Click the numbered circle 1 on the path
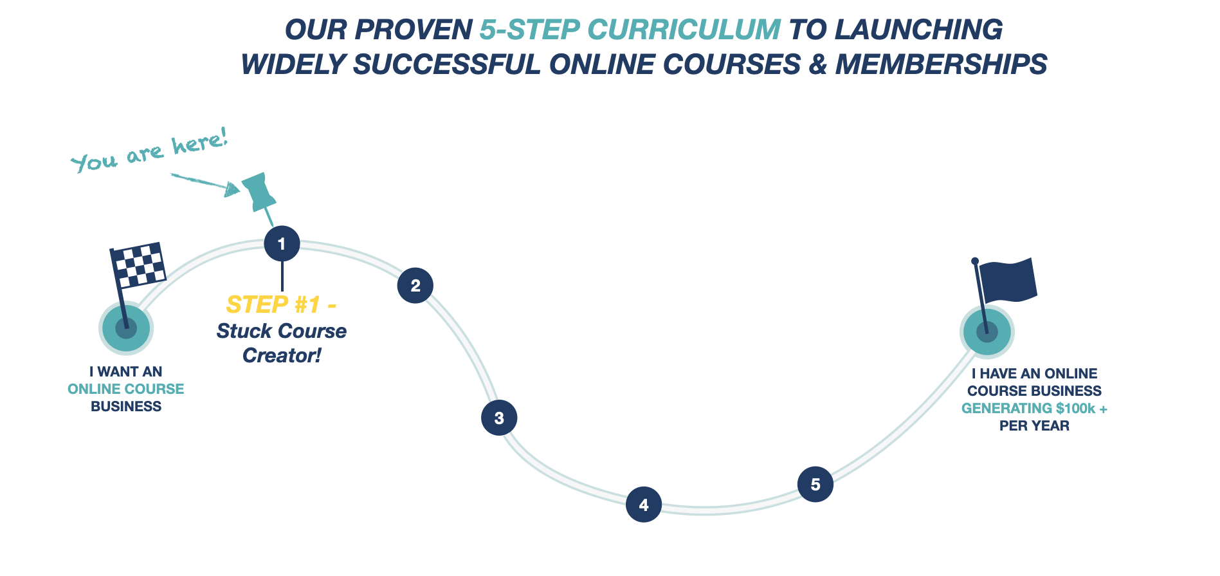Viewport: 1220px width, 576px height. tap(282, 243)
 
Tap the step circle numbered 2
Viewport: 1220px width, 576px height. tap(415, 285)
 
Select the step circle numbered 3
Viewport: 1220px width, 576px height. tap(499, 418)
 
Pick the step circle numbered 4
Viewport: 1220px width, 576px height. tap(644, 505)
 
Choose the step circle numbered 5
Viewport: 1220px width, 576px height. tap(815, 484)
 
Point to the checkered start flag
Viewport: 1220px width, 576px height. tap(138, 265)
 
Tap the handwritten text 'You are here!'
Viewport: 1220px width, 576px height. tap(149, 151)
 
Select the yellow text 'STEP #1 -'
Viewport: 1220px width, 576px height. tap(281, 304)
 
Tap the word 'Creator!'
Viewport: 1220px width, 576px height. tap(282, 355)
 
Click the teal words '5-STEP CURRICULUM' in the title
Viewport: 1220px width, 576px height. tap(630, 30)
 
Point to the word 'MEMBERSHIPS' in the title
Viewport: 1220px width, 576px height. tap(941, 64)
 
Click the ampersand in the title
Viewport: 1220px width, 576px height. tap(817, 64)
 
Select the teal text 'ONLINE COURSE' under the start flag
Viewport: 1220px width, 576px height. tap(126, 389)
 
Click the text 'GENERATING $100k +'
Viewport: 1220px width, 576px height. tap(1034, 408)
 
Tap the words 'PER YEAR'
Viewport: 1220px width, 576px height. tap(1034, 425)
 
